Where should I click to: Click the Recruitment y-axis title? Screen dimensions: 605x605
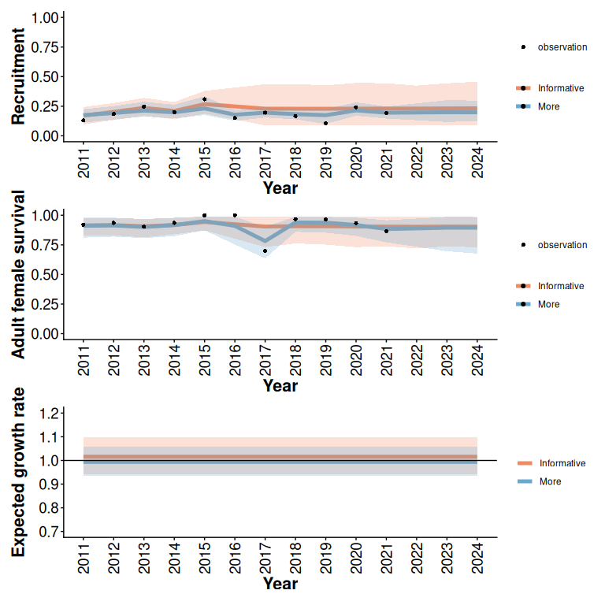(18, 76)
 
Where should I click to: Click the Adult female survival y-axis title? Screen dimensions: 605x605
(18, 274)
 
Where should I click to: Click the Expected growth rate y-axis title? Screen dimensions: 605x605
(18, 472)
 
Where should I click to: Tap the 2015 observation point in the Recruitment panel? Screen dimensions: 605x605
(204, 100)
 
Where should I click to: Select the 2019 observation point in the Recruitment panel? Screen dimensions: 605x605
(325, 123)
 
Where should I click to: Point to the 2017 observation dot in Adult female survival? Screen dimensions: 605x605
(265, 251)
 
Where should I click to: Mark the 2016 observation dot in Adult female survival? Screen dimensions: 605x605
(235, 215)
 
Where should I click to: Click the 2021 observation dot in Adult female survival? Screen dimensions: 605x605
(386, 231)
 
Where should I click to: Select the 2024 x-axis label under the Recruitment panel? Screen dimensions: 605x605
(477, 162)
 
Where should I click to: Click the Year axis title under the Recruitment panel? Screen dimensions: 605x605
(280, 188)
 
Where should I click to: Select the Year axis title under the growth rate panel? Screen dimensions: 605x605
(280, 584)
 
